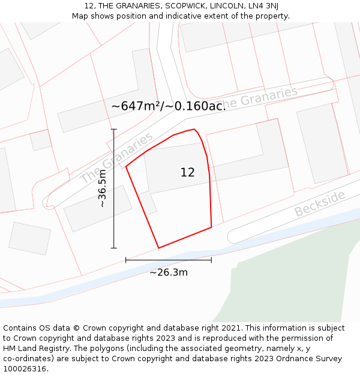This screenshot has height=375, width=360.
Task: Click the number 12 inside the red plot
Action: tap(187, 173)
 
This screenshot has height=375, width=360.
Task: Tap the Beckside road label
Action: tap(320, 203)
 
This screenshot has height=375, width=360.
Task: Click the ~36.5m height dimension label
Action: tap(103, 188)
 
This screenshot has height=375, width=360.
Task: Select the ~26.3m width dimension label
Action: tap(169, 273)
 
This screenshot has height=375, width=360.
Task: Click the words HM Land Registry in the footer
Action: tap(34, 349)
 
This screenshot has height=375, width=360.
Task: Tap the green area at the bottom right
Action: tap(288, 282)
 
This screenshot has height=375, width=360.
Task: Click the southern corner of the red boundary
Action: tap(158, 248)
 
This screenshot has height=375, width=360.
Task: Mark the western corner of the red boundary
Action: tap(126, 167)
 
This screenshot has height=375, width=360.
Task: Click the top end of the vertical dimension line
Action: tap(113, 129)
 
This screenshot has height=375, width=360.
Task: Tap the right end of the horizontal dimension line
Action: tap(211, 260)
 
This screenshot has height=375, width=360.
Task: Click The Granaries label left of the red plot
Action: tap(116, 159)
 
